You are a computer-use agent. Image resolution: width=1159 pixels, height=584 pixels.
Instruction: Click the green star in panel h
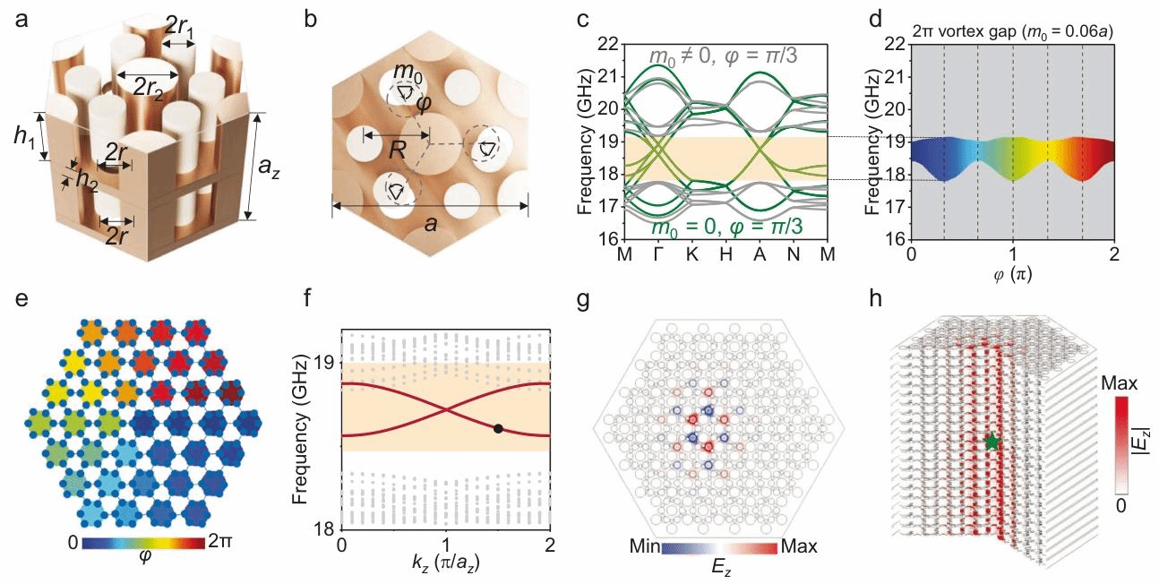992,441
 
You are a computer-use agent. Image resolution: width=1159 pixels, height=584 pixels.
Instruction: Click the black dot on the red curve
498,429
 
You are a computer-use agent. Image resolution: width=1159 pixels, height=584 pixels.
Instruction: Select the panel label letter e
20,301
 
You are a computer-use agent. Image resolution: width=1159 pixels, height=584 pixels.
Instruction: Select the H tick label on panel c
725,253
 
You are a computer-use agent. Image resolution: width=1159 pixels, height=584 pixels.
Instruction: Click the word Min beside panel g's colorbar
643,545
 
